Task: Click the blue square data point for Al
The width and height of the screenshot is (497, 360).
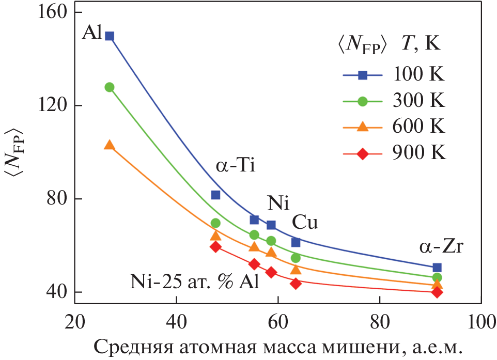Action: tap(110, 36)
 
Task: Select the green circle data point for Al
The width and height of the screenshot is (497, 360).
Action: tap(110, 87)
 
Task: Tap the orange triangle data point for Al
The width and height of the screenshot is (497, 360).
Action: tap(110, 145)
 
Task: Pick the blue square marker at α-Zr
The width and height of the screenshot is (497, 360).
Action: tap(437, 268)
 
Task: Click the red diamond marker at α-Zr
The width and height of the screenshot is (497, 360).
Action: tap(437, 292)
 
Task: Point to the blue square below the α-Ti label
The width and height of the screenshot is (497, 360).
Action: tap(215, 195)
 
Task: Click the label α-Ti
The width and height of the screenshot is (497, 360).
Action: tap(236, 166)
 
